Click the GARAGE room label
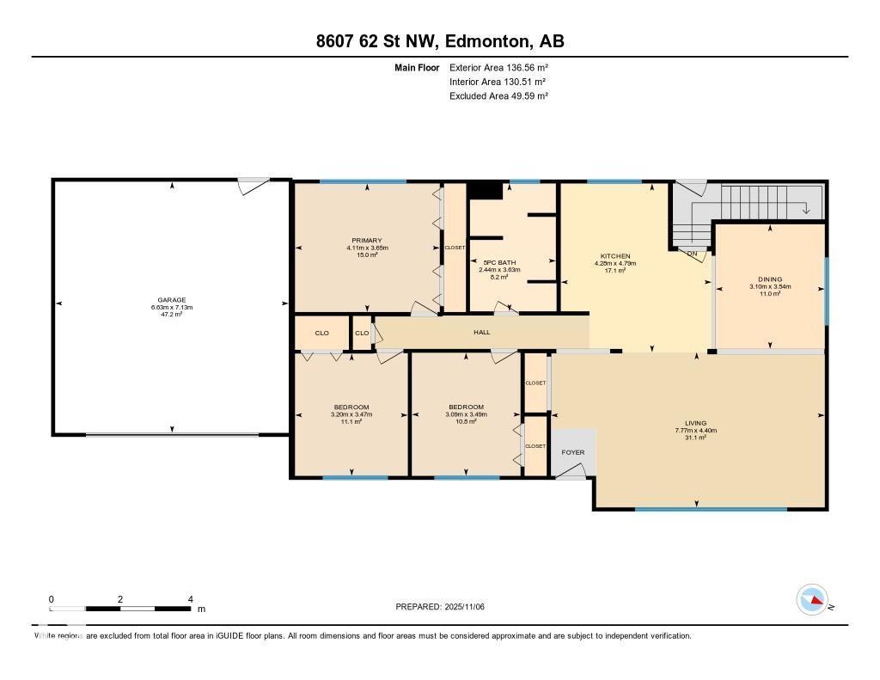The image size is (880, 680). pos(172,300)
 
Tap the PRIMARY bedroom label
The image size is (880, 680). pos(366,241)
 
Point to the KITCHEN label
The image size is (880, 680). pos(615,256)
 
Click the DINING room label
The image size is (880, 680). pos(770,279)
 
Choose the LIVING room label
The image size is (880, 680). pos(690,423)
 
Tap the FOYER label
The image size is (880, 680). pos(572,452)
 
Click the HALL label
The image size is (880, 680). pos(482,332)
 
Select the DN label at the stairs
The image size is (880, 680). pos(692,253)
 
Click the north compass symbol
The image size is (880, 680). pos(812,598)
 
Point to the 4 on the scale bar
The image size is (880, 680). pos(190,599)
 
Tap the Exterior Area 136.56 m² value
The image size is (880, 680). pos(498,67)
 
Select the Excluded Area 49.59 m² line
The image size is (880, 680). pos(498,96)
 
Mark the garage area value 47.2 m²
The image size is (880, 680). pos(172,315)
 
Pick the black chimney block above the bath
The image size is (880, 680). pos(486,190)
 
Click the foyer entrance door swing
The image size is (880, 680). pos(571,471)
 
